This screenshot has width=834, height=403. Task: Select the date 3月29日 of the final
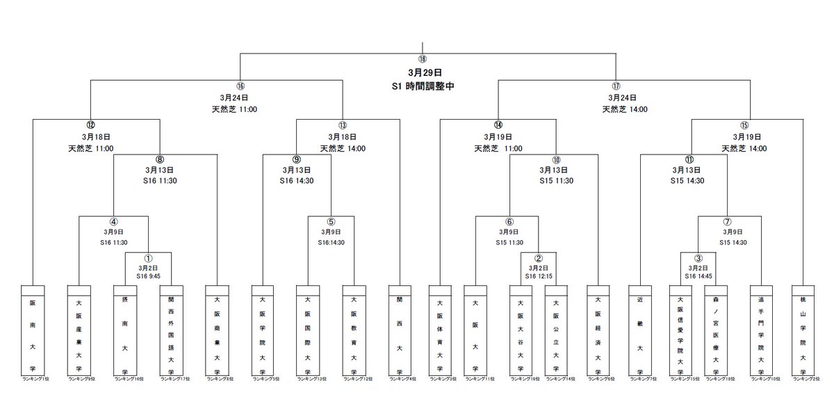point(425,72)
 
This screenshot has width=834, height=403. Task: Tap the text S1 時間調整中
point(425,87)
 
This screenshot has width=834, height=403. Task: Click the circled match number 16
point(240,86)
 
